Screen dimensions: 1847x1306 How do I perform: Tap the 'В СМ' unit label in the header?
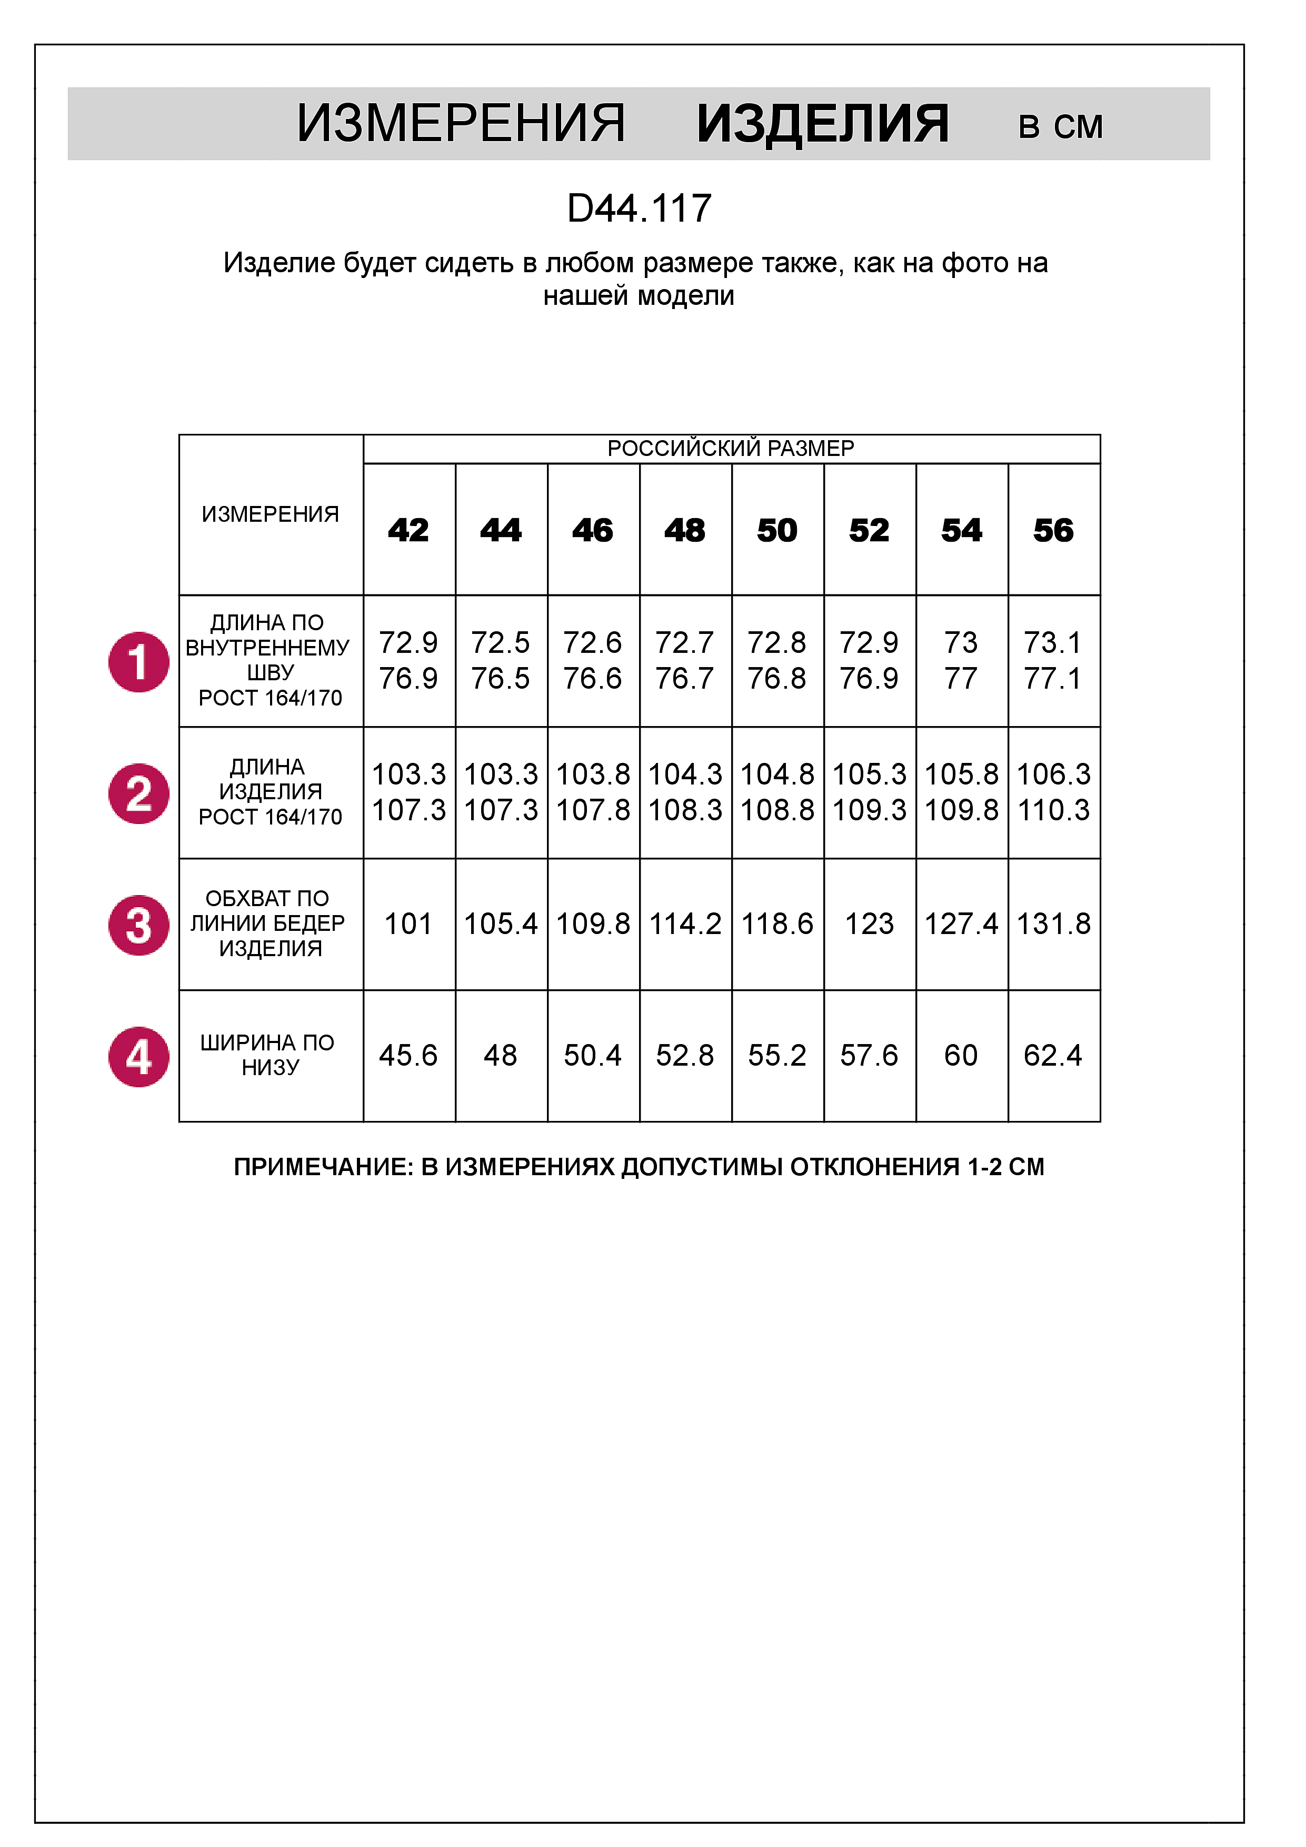click(x=1060, y=127)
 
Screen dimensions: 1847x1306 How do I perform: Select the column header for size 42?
click(x=408, y=530)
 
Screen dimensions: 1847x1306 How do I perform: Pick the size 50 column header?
click(x=777, y=530)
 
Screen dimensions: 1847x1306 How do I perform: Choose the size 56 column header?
click(x=1053, y=530)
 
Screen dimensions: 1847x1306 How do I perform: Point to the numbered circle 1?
click(x=138, y=662)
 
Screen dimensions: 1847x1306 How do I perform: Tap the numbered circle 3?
click(x=138, y=925)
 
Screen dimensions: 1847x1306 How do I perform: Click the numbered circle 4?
click(x=138, y=1056)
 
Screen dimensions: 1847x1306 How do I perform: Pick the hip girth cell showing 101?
click(x=408, y=923)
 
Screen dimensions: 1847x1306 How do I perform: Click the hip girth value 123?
click(x=869, y=923)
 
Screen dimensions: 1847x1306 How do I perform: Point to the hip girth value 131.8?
click(x=1053, y=923)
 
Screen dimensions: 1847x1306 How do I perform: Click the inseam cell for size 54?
click(x=961, y=660)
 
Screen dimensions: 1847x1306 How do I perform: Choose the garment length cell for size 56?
click(x=1053, y=792)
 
